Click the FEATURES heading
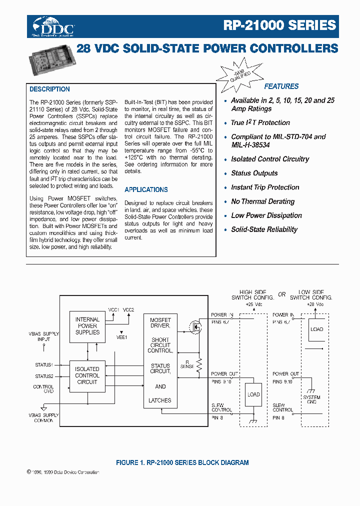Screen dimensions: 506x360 point(281,86)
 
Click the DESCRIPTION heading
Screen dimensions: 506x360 point(49,89)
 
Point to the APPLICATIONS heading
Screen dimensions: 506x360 point(146,189)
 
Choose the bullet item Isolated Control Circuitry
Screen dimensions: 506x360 point(270,159)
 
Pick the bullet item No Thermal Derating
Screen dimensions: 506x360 point(262,201)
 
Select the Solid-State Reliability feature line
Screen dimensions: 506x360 point(264,229)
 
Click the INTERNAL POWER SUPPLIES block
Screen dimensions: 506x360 point(87,326)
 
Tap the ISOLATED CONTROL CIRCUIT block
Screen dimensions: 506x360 point(87,375)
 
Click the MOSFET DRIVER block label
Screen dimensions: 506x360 point(160,322)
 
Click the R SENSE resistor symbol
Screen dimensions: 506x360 point(198,368)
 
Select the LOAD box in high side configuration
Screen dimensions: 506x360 point(254,394)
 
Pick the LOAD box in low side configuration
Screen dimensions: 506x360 point(316,329)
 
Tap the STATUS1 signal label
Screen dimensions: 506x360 point(44,365)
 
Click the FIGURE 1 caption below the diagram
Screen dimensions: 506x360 point(182,462)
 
